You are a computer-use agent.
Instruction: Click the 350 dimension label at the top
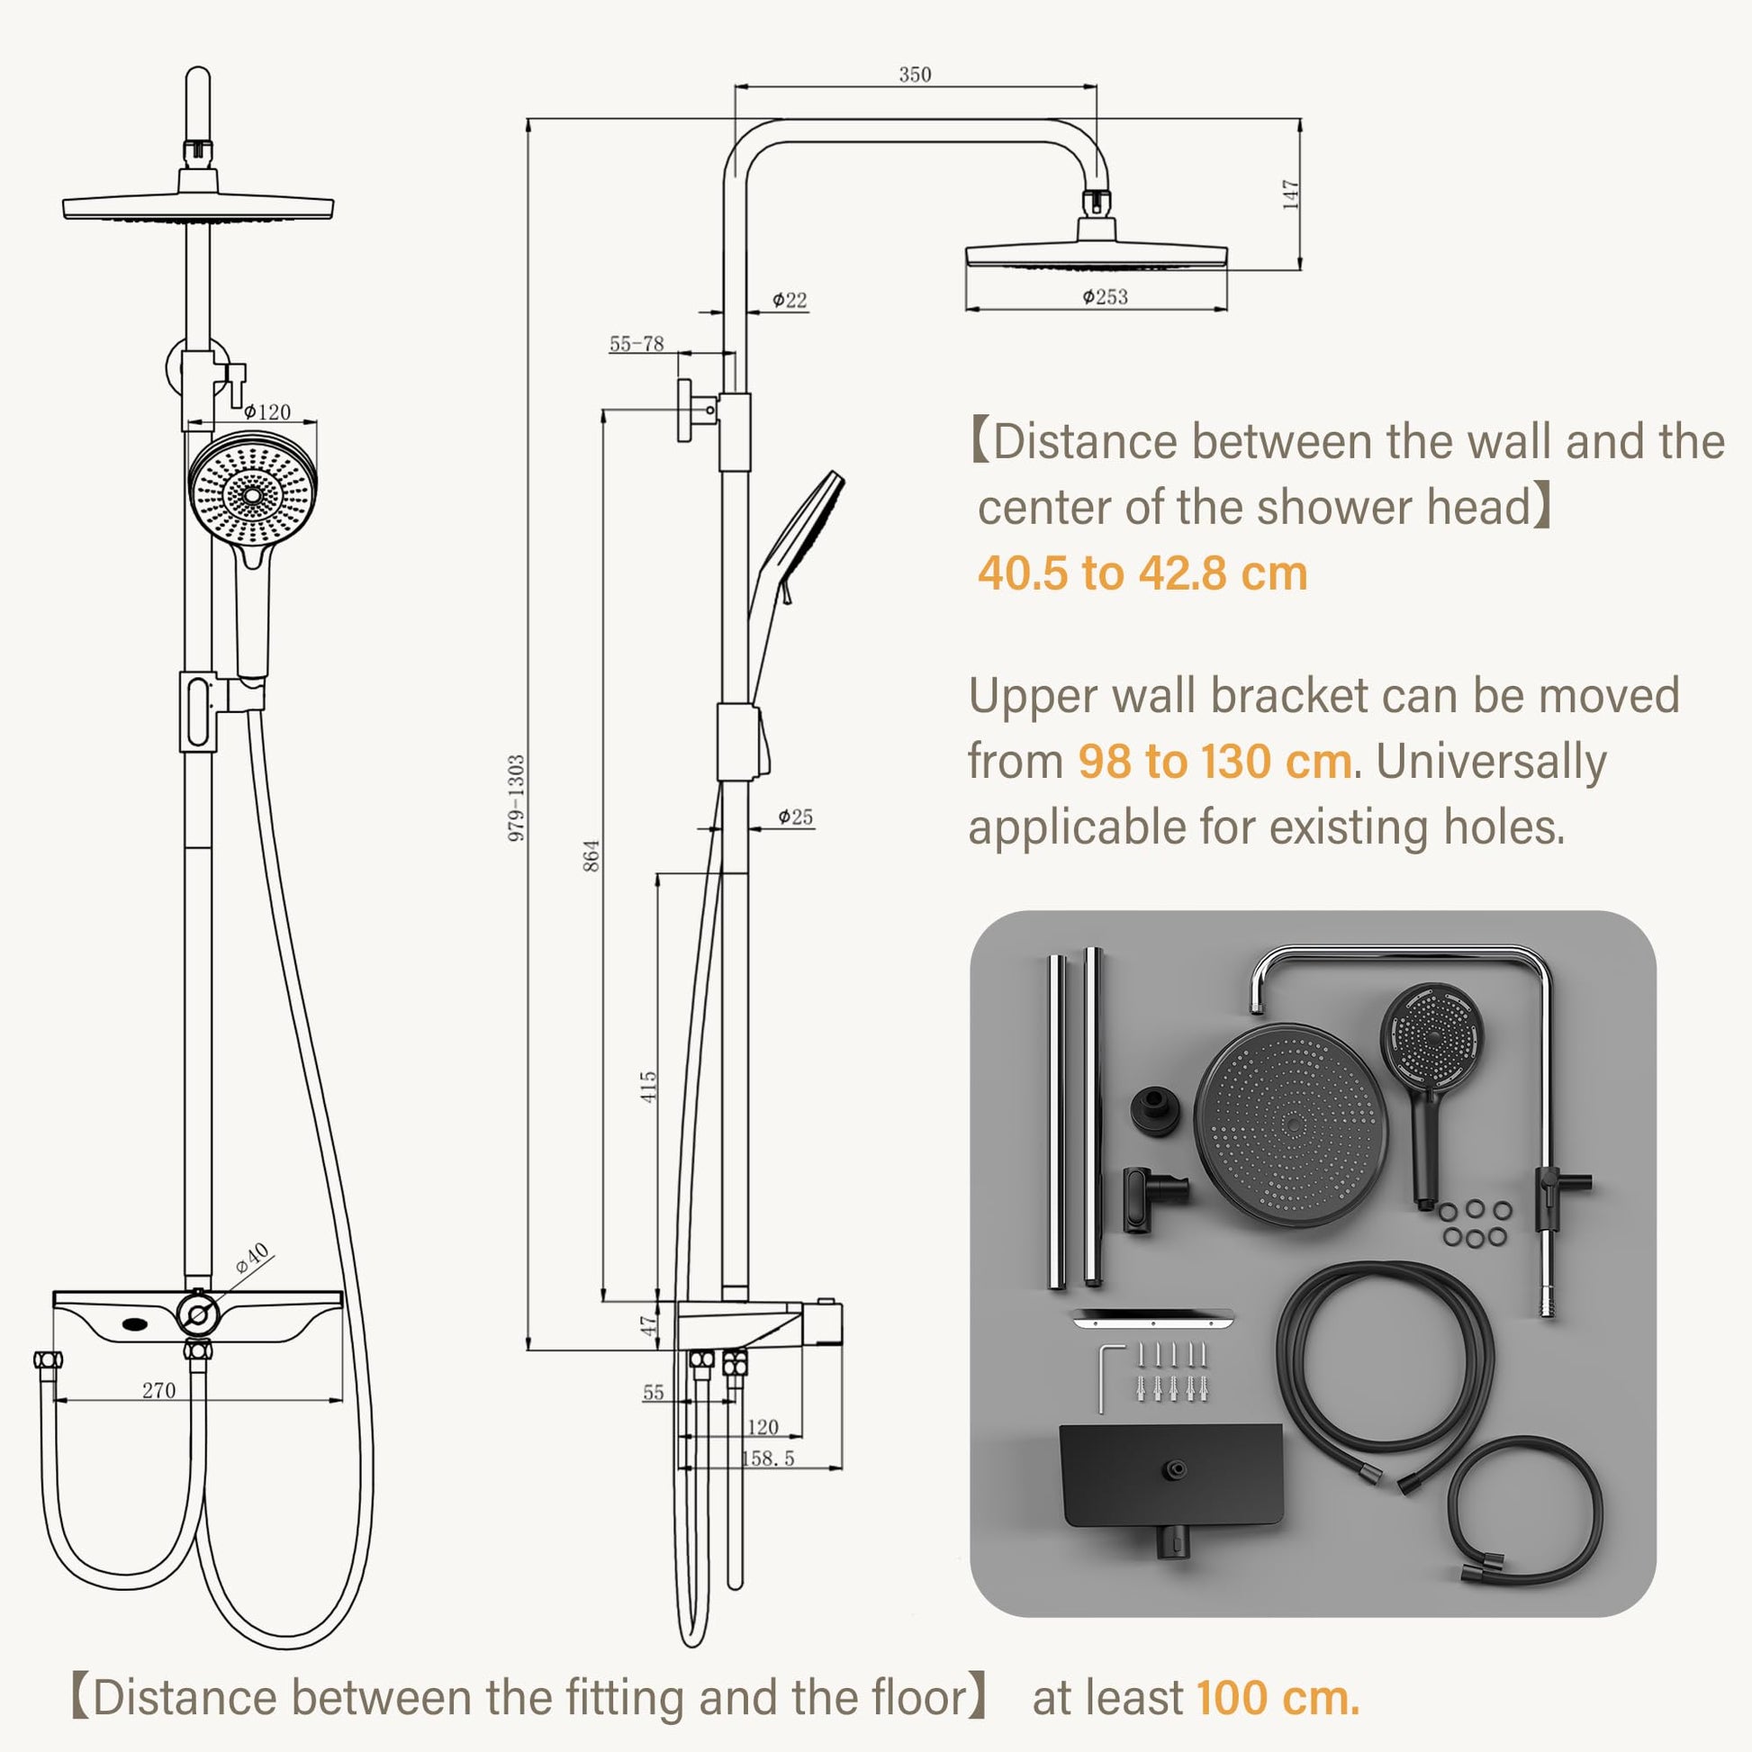point(915,75)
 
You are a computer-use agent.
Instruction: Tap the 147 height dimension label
point(1291,195)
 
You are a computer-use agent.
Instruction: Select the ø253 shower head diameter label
point(1105,296)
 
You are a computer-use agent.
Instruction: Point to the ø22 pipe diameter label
point(789,300)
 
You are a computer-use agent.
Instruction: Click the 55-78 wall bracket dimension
point(637,344)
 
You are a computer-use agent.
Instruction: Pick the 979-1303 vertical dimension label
point(516,798)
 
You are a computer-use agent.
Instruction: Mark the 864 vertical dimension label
point(592,855)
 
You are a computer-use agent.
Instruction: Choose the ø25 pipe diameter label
point(795,817)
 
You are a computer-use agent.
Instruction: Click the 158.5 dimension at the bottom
point(768,1458)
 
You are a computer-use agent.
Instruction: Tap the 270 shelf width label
point(158,1390)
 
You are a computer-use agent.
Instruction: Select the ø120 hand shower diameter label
point(267,411)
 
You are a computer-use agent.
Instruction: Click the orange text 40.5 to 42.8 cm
point(1142,573)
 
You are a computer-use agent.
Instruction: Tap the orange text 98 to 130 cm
point(1215,761)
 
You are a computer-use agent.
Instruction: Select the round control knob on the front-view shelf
point(198,1312)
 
